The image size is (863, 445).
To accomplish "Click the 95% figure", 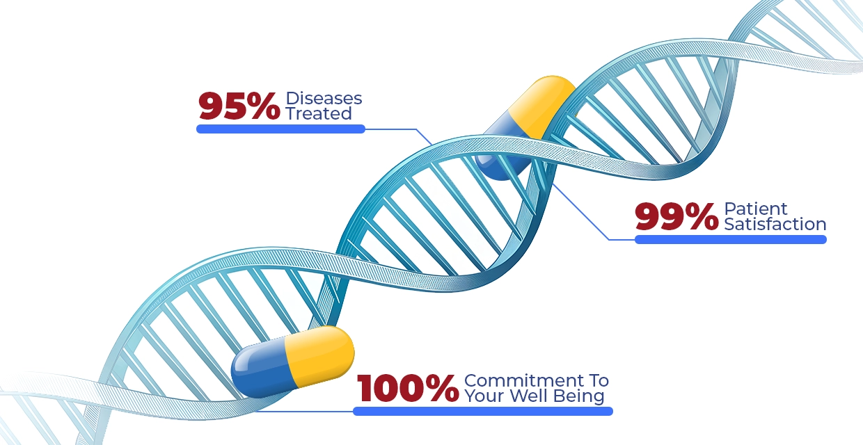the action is pos(239,106).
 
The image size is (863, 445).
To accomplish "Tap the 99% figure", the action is pos(676,217).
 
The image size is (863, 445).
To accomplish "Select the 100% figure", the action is pos(408,388).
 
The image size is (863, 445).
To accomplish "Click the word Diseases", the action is pos(324,98).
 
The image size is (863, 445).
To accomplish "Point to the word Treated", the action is pos(319,113).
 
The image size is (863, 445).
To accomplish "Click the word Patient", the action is pos(756,209).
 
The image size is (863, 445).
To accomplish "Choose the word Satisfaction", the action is pos(775,224).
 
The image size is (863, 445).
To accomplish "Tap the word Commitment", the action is pos(524,381).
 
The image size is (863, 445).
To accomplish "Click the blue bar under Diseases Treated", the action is pos(280,129).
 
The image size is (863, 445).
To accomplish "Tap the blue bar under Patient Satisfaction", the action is pos(731,239).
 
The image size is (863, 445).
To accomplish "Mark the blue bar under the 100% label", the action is pos(483,411).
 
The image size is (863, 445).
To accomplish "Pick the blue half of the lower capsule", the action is pos(262,368).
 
